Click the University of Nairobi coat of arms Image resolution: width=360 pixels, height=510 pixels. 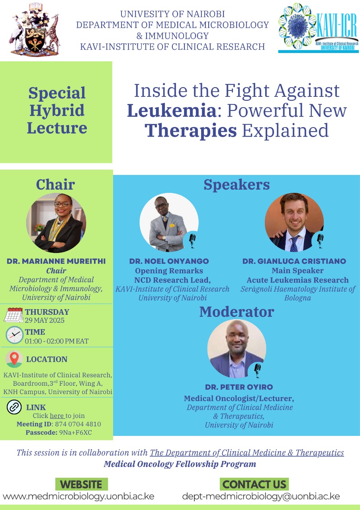(34, 29)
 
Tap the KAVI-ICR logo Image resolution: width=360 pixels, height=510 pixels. (318, 28)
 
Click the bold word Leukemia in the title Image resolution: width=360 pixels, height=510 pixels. (172, 110)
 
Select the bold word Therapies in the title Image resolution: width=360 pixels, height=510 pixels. (191, 130)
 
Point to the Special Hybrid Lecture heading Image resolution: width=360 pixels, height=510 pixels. (57, 110)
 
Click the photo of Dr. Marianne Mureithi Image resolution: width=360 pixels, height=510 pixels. (56, 223)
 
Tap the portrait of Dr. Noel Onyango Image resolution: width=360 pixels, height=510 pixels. (169, 222)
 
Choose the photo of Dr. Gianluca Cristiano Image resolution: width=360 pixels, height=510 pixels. (294, 222)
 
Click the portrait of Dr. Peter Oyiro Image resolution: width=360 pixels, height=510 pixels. (237, 349)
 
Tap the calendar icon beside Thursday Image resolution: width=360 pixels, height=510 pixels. (14, 315)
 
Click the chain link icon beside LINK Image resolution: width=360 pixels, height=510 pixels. (14, 407)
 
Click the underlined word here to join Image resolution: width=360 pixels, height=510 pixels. (57, 416)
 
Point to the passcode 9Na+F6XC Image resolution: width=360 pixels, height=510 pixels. (76, 432)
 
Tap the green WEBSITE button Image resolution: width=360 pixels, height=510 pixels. (82, 484)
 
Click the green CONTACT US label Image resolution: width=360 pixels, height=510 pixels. (254, 484)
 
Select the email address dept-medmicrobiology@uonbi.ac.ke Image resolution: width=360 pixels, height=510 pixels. (261, 496)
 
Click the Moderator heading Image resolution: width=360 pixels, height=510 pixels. (237, 312)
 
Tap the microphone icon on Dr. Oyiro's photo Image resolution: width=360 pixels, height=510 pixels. (257, 371)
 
